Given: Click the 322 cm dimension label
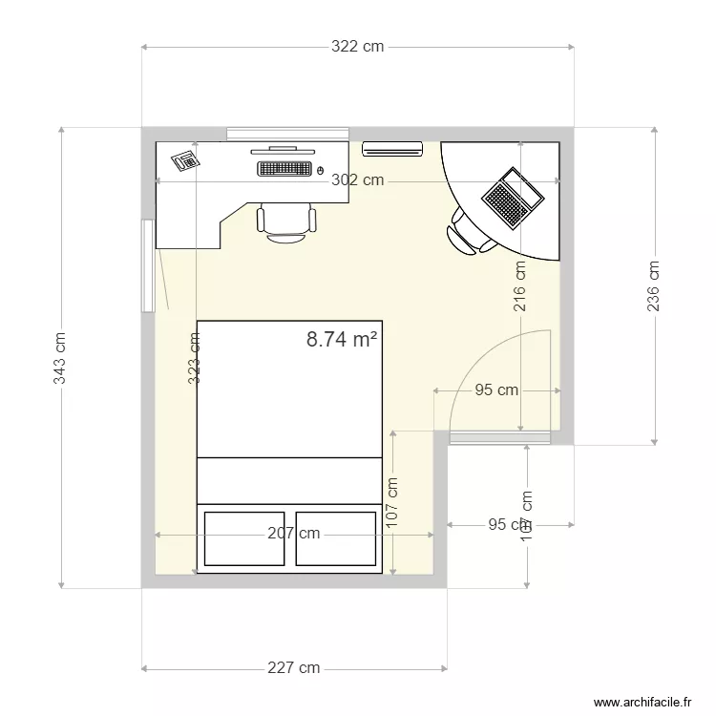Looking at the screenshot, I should click(357, 46).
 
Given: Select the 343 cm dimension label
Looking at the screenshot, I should click(60, 358).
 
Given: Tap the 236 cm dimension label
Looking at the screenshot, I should click(654, 286).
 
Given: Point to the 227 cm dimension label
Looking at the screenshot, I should click(293, 668).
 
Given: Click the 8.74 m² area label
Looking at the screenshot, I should click(342, 339).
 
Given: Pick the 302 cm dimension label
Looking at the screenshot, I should click(357, 179).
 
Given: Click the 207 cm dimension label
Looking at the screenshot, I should click(293, 533).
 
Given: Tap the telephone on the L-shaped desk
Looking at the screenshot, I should click(184, 160).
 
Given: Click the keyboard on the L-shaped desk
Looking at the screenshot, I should click(284, 168).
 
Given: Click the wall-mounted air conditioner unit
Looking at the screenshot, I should click(392, 148).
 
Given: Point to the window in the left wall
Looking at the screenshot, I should click(148, 265).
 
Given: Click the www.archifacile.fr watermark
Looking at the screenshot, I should click(641, 702).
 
